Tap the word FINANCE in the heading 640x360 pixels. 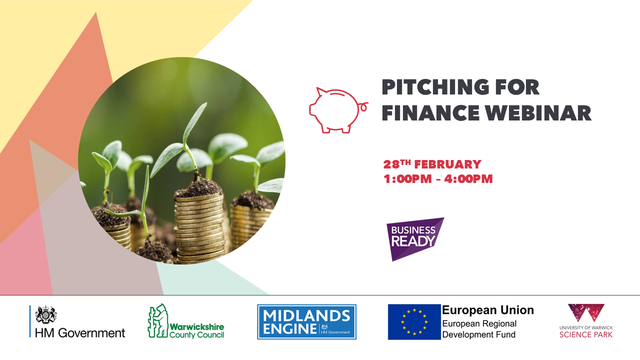click(x=430, y=113)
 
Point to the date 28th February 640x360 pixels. click(x=432, y=164)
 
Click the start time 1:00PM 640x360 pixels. click(x=407, y=179)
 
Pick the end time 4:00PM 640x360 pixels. click(x=468, y=179)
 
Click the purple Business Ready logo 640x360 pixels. click(x=414, y=239)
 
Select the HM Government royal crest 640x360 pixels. click(x=45, y=314)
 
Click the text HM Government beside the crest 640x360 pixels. click(x=80, y=333)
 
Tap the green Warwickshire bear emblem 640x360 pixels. click(x=157, y=320)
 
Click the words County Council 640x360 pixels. click(x=196, y=334)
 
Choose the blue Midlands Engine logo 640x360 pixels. click(x=306, y=321)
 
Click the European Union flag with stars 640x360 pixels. click(x=414, y=321)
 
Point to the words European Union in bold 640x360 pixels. click(x=488, y=310)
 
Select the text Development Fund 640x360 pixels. click(x=479, y=334)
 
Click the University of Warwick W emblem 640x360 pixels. click(x=586, y=313)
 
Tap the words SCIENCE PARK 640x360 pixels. click(x=586, y=334)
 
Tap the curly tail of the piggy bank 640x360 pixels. click(x=363, y=106)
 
